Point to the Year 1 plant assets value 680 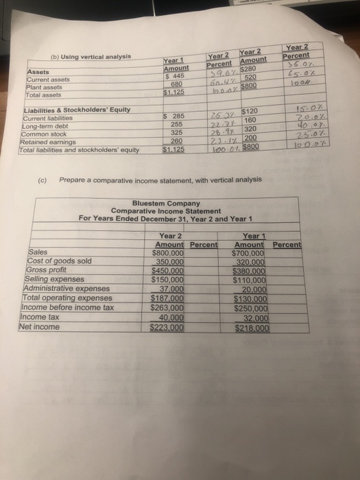[x=176, y=84]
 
